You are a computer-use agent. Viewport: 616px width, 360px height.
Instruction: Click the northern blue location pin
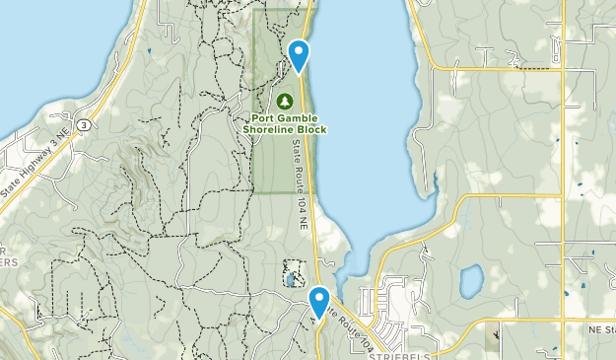click(299, 53)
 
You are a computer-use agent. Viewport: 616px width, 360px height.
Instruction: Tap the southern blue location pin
click(318, 300)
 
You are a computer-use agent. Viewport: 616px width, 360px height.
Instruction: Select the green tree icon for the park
click(284, 101)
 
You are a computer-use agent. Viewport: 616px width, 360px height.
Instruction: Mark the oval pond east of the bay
click(471, 281)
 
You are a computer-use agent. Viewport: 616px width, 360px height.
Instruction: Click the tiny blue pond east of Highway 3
click(148, 49)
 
